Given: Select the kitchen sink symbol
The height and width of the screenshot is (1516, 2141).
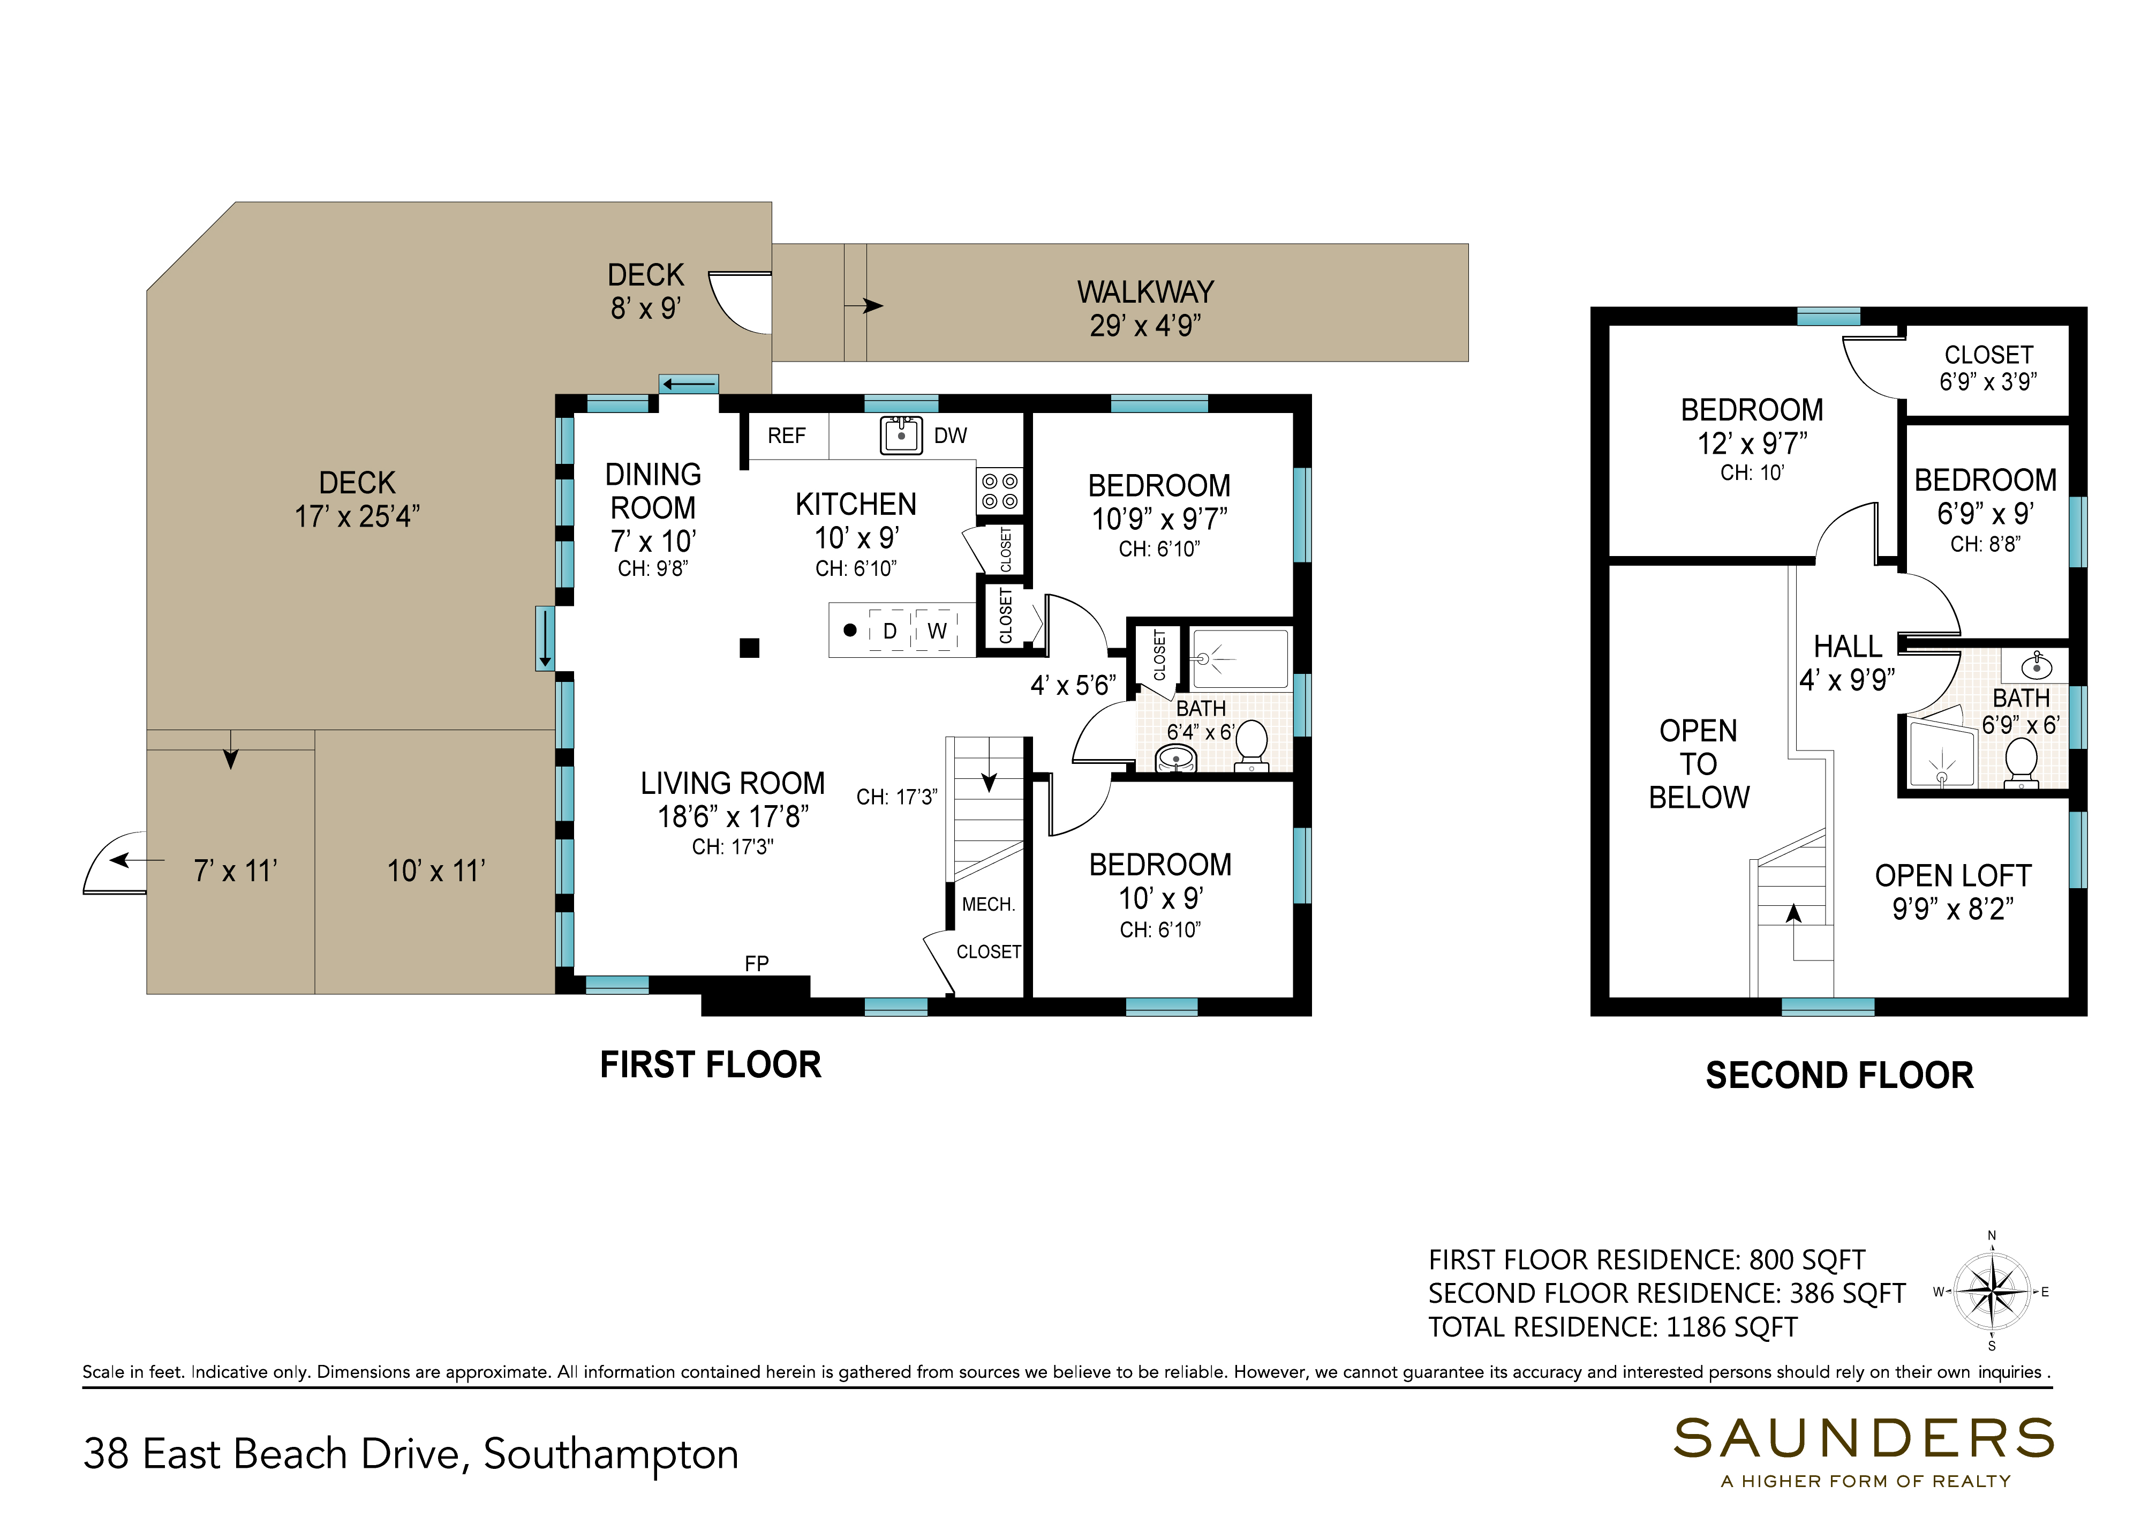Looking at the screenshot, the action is pos(902,435).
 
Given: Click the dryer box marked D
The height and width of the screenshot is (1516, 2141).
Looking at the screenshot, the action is pos(889,631).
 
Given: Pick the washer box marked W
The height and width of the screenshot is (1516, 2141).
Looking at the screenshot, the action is pos(937,631).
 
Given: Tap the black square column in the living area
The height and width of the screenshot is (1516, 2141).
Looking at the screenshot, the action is pos(749,648).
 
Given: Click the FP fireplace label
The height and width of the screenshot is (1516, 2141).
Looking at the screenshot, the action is pos(756,963).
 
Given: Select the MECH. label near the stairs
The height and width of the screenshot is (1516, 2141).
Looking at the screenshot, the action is pos(989,905).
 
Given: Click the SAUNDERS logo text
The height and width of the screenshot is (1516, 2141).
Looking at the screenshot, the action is pos(1864,1438).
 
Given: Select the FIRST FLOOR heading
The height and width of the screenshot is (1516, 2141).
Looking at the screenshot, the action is pos(710,1065).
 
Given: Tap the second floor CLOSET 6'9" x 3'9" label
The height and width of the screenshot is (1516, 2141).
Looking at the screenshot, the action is pos(1988,368).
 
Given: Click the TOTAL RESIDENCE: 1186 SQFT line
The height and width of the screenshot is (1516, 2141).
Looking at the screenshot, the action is pos(1613,1326).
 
